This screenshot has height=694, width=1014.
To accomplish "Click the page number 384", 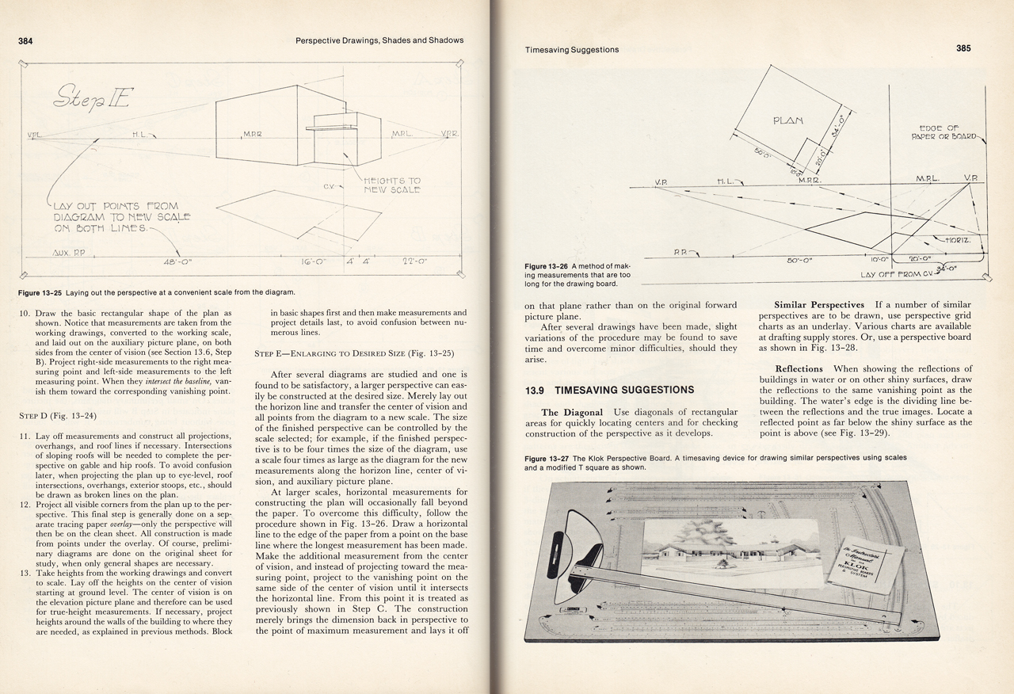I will (31, 40).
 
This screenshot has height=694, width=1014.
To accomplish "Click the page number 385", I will (963, 48).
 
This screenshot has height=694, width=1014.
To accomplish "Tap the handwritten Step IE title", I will (94, 100).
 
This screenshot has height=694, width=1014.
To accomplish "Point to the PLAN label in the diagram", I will (787, 120).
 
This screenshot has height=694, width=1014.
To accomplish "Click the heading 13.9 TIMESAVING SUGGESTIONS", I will (609, 390).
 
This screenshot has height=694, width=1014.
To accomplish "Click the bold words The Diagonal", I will (572, 413).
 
